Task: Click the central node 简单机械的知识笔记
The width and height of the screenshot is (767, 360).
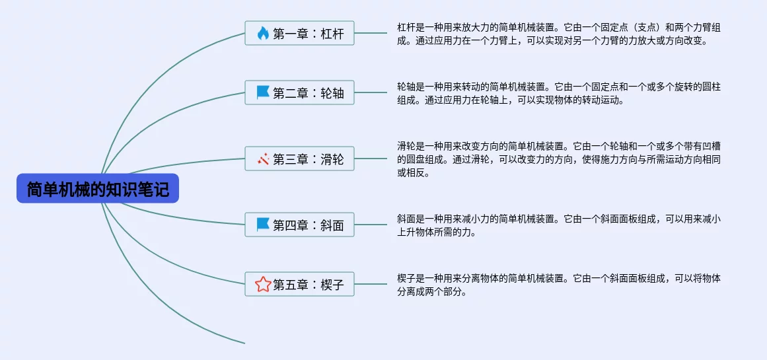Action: point(98,188)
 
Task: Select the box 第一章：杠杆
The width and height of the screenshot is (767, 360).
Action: point(299,33)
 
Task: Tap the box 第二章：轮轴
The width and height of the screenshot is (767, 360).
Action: point(299,92)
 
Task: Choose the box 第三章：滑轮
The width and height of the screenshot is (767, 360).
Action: point(299,159)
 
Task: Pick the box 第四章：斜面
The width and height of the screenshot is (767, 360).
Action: point(299,225)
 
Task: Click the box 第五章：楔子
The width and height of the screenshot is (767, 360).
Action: point(299,283)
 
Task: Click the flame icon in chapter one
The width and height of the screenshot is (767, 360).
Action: point(263,33)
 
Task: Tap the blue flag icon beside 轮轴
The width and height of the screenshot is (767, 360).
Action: point(263,92)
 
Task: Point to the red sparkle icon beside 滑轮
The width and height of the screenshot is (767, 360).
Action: point(263,159)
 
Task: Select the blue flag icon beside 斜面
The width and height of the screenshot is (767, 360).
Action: point(263,225)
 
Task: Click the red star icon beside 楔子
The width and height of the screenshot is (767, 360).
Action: point(263,284)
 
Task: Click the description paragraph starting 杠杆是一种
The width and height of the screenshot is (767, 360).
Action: point(559,34)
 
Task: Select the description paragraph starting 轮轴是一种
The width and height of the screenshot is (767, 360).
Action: point(559,93)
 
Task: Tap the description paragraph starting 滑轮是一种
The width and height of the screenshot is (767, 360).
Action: point(559,159)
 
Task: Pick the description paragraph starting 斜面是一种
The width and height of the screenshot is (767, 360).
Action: point(559,225)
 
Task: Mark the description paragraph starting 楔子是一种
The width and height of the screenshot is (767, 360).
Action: point(559,285)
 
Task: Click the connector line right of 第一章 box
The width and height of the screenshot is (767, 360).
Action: point(371,33)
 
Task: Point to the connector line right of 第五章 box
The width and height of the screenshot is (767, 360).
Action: point(371,283)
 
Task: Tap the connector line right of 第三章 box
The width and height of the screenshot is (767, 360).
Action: point(371,159)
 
